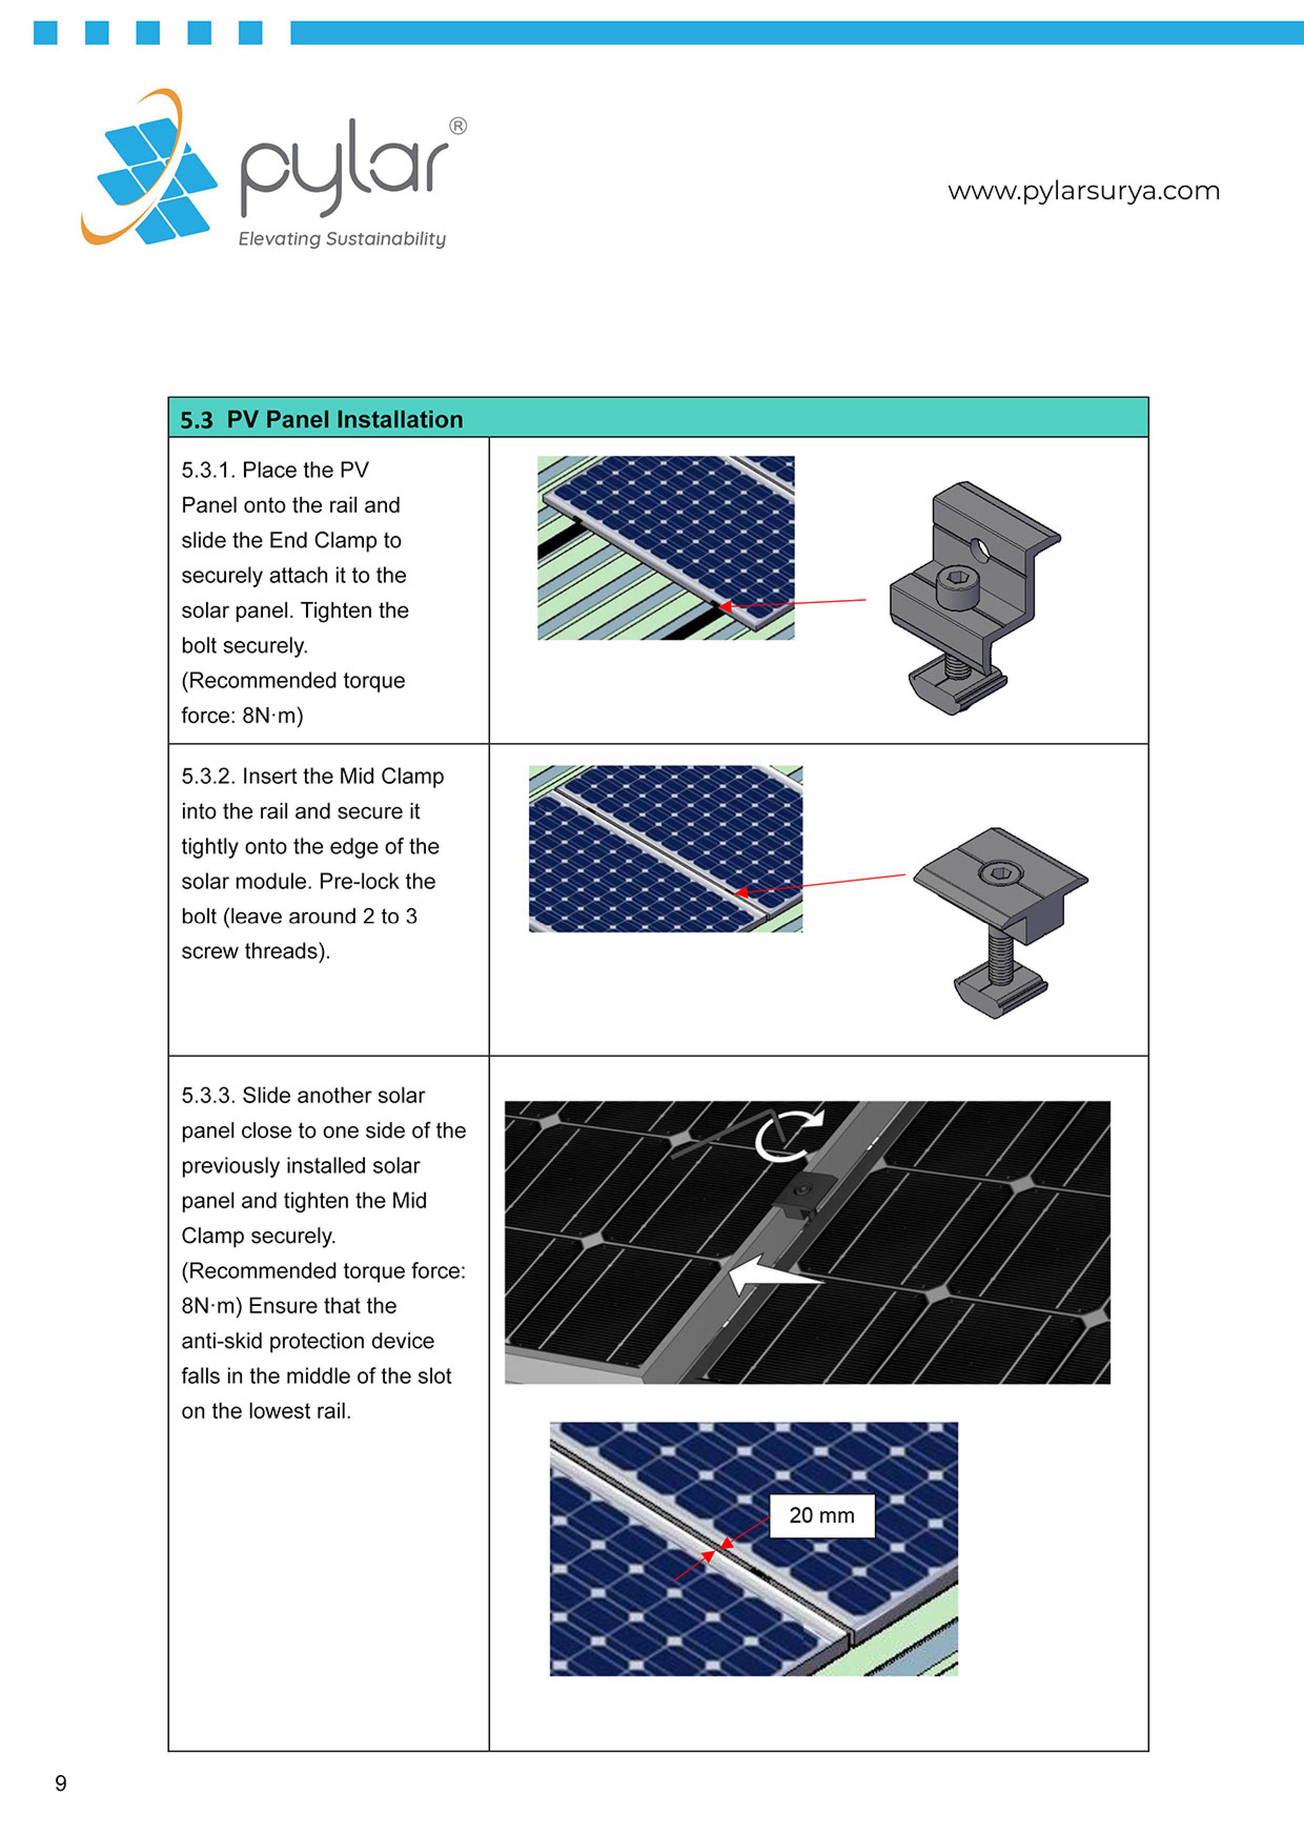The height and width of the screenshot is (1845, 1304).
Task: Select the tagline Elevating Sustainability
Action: [341, 239]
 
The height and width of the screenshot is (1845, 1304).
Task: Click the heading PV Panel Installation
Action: [345, 420]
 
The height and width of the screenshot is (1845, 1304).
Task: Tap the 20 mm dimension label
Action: [821, 1515]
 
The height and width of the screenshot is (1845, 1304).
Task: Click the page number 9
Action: [60, 1783]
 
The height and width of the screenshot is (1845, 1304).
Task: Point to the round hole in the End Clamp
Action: [980, 551]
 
